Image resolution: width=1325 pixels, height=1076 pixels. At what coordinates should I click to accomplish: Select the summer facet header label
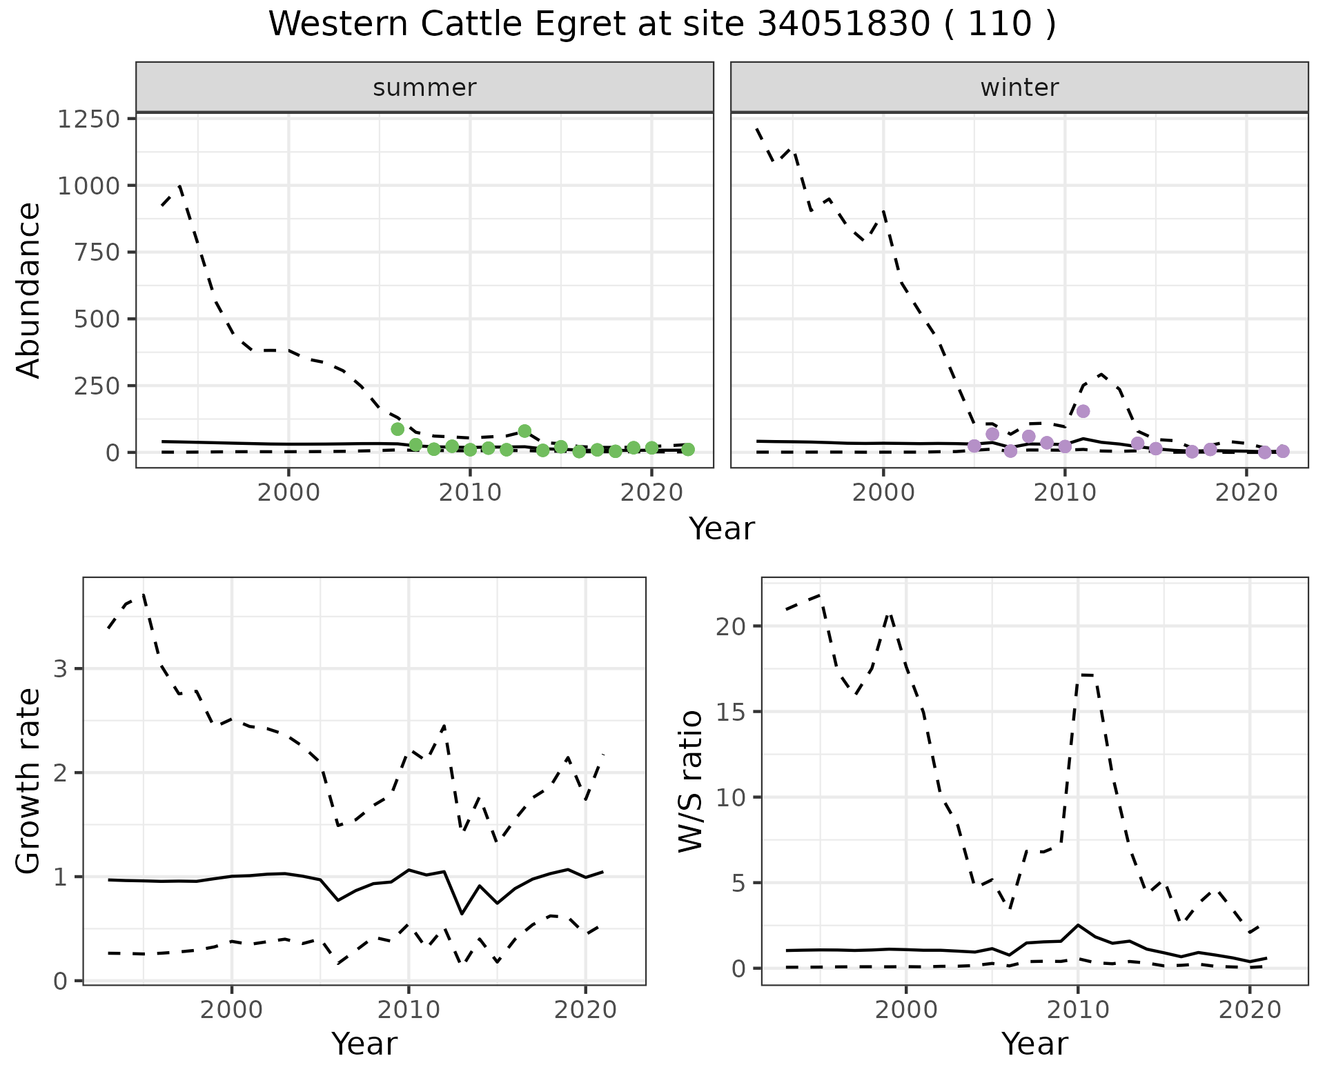coord(424,88)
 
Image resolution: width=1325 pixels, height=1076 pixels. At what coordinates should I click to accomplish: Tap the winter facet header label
coord(1019,88)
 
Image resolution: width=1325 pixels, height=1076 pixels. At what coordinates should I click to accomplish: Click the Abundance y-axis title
coord(29,290)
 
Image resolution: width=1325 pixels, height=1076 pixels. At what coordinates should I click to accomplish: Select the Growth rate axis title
coord(29,781)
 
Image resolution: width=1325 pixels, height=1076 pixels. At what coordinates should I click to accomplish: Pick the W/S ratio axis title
coord(691,781)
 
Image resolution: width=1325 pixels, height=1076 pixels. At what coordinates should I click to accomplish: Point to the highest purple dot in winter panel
coord(1083,411)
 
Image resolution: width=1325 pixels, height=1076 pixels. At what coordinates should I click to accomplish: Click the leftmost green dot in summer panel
coord(397,429)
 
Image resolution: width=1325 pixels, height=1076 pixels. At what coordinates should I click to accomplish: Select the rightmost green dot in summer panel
coord(687,449)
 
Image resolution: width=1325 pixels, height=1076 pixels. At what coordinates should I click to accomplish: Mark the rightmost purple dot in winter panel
coord(1283,451)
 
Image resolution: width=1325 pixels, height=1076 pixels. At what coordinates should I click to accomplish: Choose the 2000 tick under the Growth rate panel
coord(232,1010)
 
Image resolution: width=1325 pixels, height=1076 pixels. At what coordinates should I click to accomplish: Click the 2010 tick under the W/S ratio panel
coord(1078,1010)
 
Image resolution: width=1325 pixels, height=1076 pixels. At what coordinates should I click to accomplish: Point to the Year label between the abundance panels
coord(722,529)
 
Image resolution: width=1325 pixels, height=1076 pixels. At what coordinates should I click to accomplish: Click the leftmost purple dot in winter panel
coord(974,446)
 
